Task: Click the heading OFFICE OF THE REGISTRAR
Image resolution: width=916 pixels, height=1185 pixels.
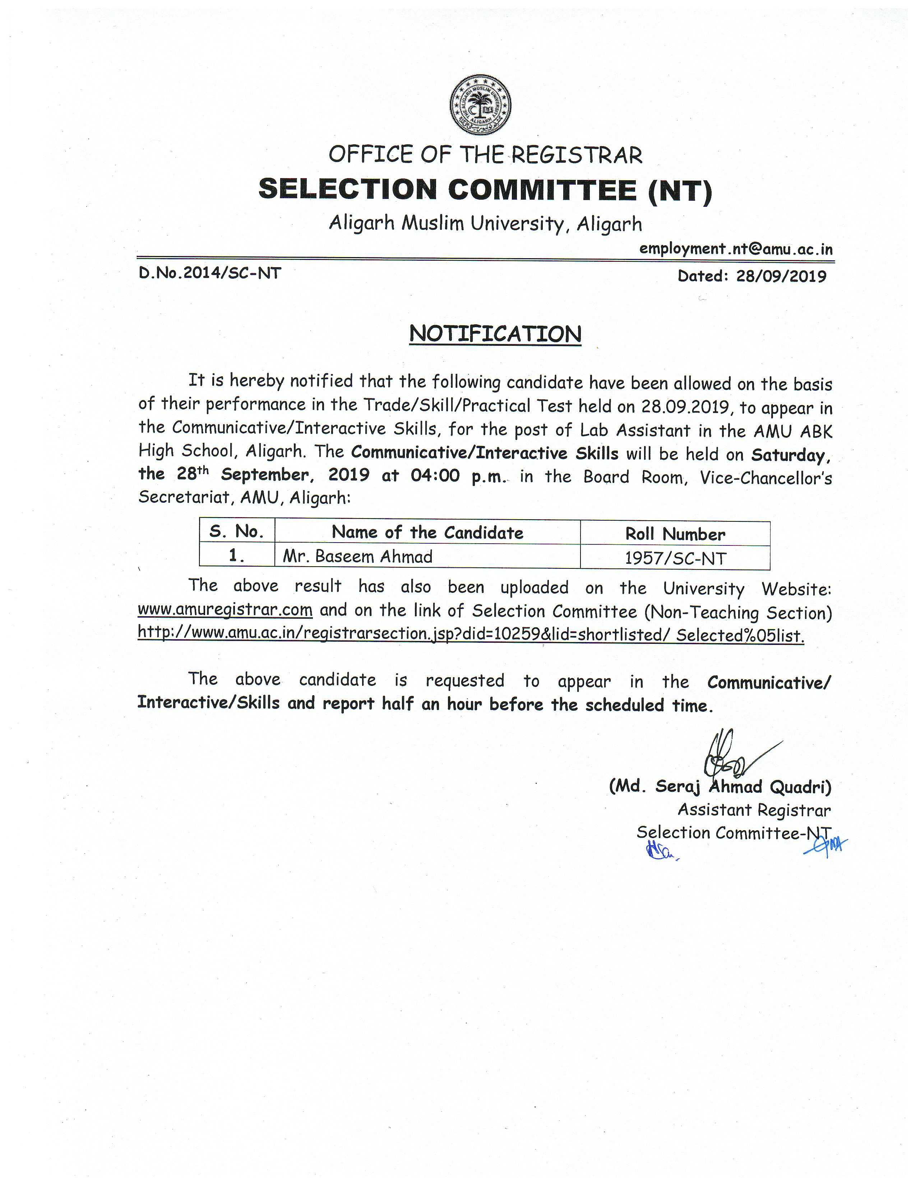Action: [x=485, y=155]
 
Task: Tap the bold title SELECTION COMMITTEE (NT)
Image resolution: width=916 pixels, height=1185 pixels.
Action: [x=485, y=190]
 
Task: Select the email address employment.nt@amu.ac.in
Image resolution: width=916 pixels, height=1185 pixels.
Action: [x=735, y=249]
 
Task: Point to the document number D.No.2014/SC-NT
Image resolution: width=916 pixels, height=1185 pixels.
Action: [x=210, y=273]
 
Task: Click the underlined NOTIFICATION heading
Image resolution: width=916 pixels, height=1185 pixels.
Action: [x=495, y=334]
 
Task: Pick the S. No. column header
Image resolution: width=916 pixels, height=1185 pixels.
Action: [x=237, y=532]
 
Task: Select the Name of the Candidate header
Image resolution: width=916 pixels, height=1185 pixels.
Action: [x=427, y=533]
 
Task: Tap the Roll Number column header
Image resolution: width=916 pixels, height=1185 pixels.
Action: [x=675, y=534]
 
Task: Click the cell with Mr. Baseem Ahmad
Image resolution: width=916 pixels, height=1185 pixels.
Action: [x=358, y=557]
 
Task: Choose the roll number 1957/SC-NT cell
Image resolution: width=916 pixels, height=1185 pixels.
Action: [x=675, y=558]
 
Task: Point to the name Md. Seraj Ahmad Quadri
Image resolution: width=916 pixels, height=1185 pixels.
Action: [x=720, y=787]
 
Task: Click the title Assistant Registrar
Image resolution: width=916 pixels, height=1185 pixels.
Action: [x=754, y=810]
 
